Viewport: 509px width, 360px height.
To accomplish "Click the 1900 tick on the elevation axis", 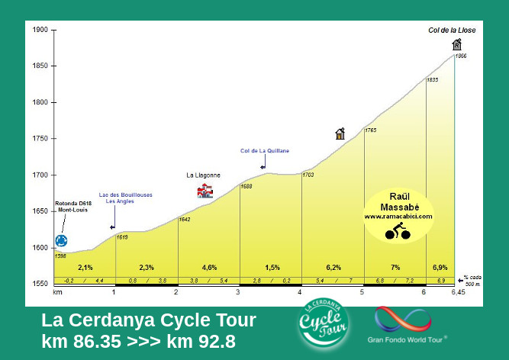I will coord(40,30).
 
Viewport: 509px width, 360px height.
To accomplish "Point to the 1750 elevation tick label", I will coord(40,139).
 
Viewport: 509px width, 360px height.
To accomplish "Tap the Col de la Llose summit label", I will coord(451,30).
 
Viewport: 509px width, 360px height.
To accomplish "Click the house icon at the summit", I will coord(456,44).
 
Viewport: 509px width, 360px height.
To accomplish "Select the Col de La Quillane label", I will coord(264,150).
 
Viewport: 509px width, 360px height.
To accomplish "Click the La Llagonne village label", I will coord(203,175).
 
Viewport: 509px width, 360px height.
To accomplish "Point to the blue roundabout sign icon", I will coord(61,241).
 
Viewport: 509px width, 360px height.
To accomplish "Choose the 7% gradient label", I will coord(395,268).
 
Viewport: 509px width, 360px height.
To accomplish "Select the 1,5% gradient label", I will coord(272,268).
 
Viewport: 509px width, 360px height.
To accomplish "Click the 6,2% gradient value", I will coord(333,268).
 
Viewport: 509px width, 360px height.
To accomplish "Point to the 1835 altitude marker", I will coord(432,79).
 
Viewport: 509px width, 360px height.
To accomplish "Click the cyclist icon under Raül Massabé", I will coord(398,231).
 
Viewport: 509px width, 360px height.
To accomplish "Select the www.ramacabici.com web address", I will coord(398,217).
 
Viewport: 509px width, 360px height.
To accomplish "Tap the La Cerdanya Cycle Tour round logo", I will coord(324,326).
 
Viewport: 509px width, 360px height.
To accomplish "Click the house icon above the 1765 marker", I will coord(340,134).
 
